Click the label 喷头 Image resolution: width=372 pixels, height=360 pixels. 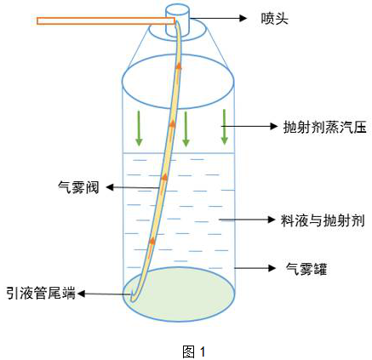click(x=274, y=19)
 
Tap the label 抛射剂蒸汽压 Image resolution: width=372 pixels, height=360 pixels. click(x=325, y=127)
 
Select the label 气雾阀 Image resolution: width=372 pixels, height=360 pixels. click(x=78, y=187)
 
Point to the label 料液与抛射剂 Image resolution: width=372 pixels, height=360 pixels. click(x=323, y=220)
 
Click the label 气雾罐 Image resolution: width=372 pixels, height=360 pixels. click(x=306, y=269)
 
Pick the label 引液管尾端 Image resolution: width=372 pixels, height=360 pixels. click(x=42, y=293)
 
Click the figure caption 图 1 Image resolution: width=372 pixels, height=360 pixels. click(x=194, y=351)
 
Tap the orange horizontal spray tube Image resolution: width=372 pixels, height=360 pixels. click(x=106, y=21)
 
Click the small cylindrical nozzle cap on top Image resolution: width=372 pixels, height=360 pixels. click(x=177, y=20)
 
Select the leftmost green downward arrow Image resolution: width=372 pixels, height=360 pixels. click(x=139, y=129)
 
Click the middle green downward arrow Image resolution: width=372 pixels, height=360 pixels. click(x=186, y=129)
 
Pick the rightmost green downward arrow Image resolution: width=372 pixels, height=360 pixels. click(x=225, y=127)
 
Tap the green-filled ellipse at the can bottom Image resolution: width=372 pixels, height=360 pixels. click(x=179, y=294)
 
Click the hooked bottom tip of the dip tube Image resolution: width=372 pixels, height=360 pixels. click(x=132, y=298)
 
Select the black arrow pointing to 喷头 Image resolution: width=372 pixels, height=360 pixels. click(x=219, y=18)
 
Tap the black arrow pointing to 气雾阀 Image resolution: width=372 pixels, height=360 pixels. click(x=132, y=187)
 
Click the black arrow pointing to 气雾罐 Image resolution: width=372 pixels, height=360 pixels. click(x=255, y=268)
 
